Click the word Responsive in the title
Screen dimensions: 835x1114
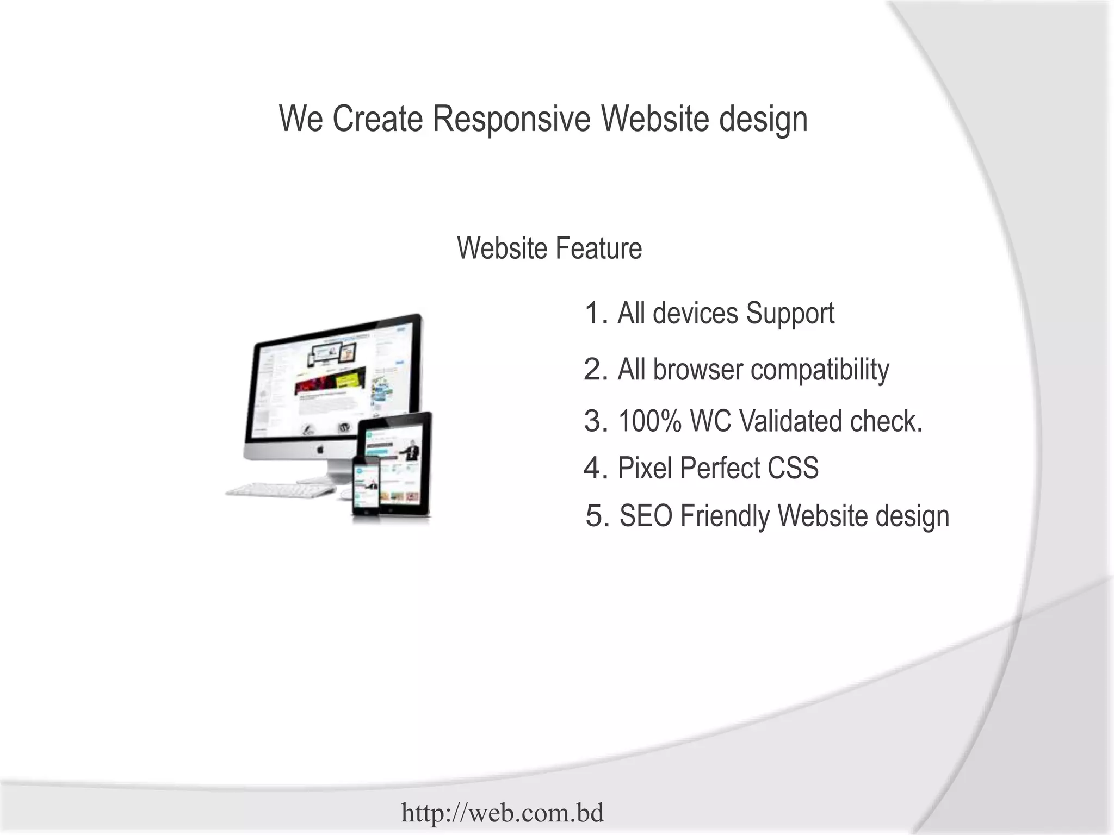coord(511,119)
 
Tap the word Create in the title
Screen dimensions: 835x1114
coord(377,119)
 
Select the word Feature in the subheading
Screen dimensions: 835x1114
coord(598,248)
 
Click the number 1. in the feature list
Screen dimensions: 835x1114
coord(596,314)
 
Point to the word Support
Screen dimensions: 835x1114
coord(790,314)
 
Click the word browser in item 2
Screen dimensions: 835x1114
coord(697,370)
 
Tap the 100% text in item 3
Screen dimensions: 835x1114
coord(649,421)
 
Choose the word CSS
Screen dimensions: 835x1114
coord(793,468)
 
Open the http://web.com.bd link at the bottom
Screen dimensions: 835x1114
coord(502,813)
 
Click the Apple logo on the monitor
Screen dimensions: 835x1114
coord(320,449)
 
